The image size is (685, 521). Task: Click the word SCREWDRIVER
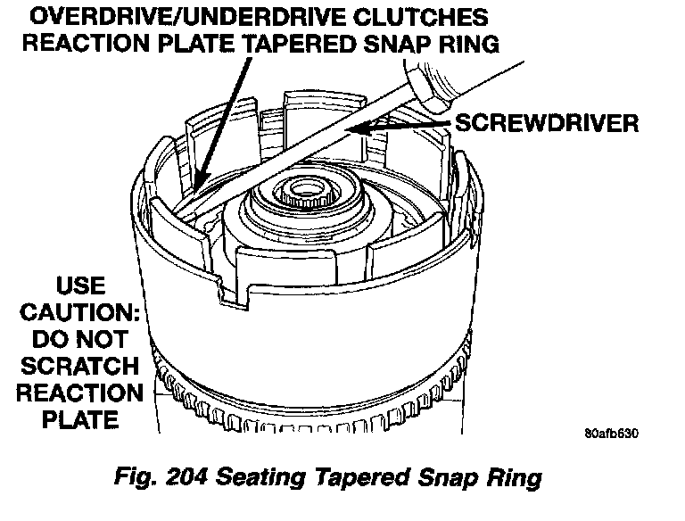pyautogui.click(x=547, y=122)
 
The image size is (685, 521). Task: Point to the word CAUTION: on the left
pyautogui.click(x=81, y=315)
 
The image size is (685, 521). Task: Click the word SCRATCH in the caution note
pyautogui.click(x=81, y=367)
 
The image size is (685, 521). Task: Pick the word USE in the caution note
pyautogui.click(x=80, y=288)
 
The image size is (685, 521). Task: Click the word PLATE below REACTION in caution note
pyautogui.click(x=81, y=418)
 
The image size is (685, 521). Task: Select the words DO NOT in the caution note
pyautogui.click(x=81, y=341)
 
